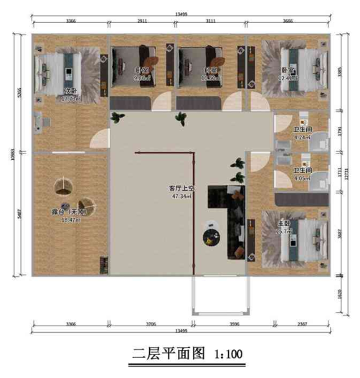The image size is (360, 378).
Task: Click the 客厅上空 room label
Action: coord(182,187)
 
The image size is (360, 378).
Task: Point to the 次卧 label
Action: coord(70,91)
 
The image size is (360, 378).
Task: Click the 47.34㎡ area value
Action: coord(181,195)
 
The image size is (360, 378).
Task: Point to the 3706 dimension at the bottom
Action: coord(151,324)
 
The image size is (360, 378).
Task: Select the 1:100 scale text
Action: coord(227,354)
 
